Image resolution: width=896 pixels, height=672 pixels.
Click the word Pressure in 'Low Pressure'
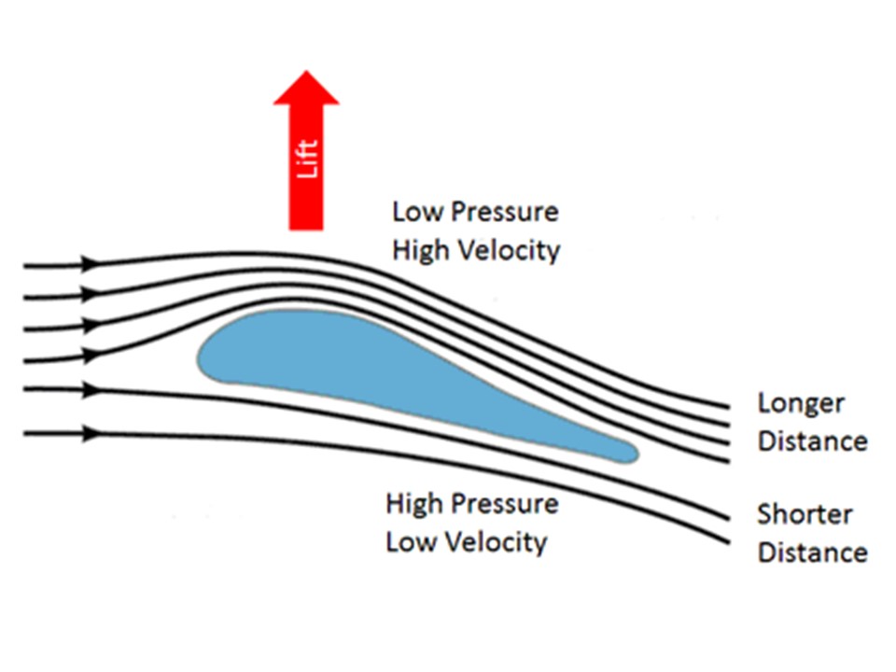click(x=505, y=213)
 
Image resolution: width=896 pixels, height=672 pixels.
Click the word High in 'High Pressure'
click(x=416, y=504)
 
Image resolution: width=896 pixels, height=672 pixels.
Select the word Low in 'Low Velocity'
click(x=411, y=541)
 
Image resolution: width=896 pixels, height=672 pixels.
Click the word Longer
click(x=801, y=404)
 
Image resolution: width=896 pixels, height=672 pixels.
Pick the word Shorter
click(x=804, y=514)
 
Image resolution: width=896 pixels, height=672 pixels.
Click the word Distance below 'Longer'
click(x=812, y=441)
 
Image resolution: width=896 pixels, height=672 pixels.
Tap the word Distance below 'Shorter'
click(x=812, y=552)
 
